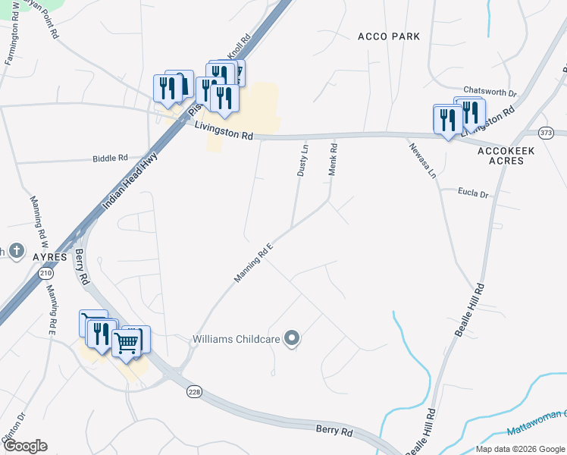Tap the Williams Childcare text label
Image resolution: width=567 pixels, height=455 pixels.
[236, 339]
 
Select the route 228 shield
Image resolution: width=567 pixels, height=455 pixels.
[195, 391]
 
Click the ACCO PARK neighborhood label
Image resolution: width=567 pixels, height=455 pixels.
[388, 36]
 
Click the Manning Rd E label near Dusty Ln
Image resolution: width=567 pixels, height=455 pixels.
[253, 263]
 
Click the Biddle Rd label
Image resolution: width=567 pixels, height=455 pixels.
[110, 158]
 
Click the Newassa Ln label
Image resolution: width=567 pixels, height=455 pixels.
[423, 161]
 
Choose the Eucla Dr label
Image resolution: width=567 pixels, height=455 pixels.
[473, 194]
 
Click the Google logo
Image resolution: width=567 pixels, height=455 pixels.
[24, 446]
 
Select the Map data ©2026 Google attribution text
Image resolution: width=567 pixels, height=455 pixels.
[519, 448]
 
